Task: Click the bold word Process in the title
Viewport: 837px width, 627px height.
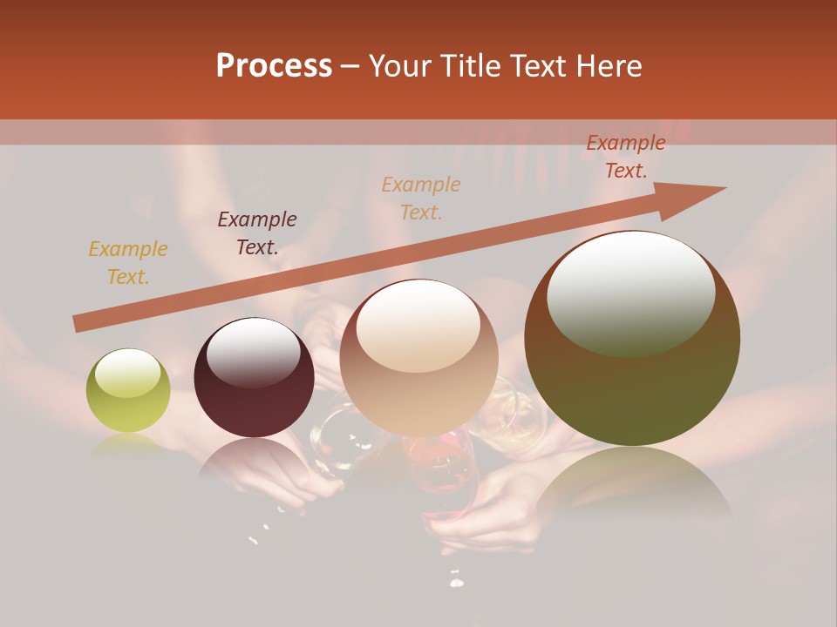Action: click(x=274, y=66)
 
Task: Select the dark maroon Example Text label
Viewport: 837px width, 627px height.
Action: click(x=257, y=233)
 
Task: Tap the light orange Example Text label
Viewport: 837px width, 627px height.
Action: click(x=421, y=198)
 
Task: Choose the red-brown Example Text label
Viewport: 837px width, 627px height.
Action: click(x=626, y=157)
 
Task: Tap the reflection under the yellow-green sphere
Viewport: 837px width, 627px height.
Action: click(x=128, y=446)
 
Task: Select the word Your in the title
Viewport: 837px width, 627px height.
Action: click(x=400, y=66)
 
